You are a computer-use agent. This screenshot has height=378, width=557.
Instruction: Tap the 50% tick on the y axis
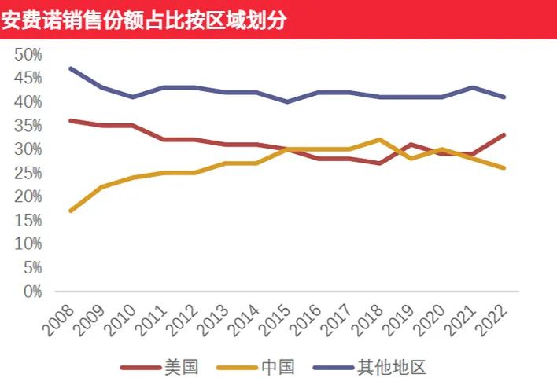click(x=28, y=54)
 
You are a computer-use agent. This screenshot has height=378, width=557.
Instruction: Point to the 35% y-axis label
click(x=28, y=126)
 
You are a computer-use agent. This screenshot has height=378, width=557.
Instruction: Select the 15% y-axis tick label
click(x=28, y=221)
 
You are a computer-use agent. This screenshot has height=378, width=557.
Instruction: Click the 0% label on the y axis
click(x=31, y=292)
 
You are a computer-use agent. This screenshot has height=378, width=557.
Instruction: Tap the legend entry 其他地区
click(x=392, y=365)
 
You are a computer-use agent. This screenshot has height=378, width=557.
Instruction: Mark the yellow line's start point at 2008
click(x=70, y=211)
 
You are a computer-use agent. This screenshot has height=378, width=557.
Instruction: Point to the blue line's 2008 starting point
click(x=70, y=68)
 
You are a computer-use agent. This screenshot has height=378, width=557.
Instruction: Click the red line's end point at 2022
click(x=504, y=134)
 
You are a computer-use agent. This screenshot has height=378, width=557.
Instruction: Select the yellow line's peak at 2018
click(x=380, y=140)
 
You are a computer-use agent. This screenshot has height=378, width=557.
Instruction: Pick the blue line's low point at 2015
click(x=287, y=101)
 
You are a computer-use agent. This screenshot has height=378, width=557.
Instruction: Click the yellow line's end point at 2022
click(x=504, y=168)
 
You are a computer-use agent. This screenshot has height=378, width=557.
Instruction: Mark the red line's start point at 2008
click(x=70, y=120)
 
